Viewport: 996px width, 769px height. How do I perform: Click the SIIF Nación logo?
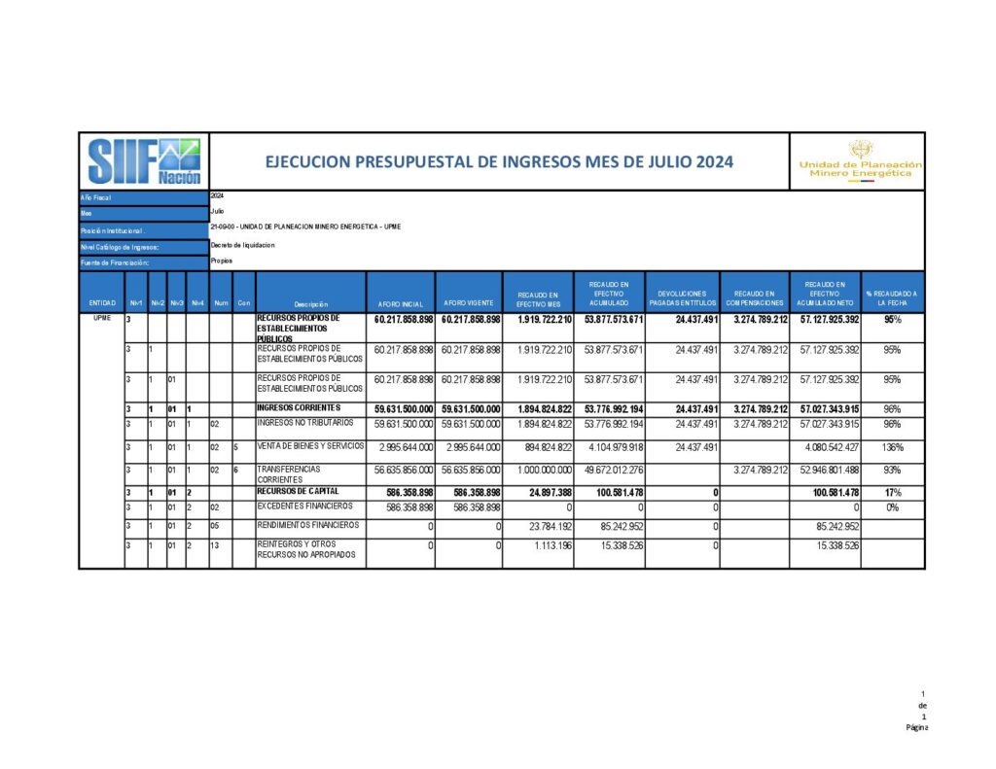coord(144,160)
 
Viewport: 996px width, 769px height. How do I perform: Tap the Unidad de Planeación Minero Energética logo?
coord(860,161)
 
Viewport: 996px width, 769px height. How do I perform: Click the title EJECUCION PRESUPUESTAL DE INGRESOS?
coord(499,162)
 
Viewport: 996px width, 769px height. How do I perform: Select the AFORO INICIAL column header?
coord(400,304)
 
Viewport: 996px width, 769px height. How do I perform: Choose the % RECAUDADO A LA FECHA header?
coord(891,298)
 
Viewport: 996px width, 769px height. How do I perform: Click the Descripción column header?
coord(310,304)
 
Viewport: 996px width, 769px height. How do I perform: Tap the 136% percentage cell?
coord(892,447)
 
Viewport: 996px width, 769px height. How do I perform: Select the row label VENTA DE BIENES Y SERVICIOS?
coord(311,446)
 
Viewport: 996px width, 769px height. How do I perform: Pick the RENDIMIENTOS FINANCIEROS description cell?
coord(308,525)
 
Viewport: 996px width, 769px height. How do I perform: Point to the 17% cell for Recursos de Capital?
coord(893,493)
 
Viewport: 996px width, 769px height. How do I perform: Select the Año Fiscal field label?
coord(97,197)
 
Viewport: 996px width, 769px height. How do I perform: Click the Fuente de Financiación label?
coord(115,262)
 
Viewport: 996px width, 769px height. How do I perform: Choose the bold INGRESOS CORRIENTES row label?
coord(300,407)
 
